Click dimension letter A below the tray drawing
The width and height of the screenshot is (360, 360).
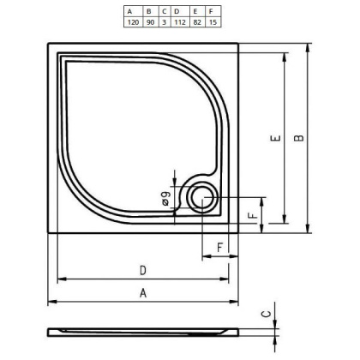pyautogui.click(x=143, y=293)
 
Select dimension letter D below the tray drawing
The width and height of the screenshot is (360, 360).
pyautogui.click(x=142, y=271)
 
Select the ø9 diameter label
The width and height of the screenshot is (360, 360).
pyautogui.click(x=164, y=201)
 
